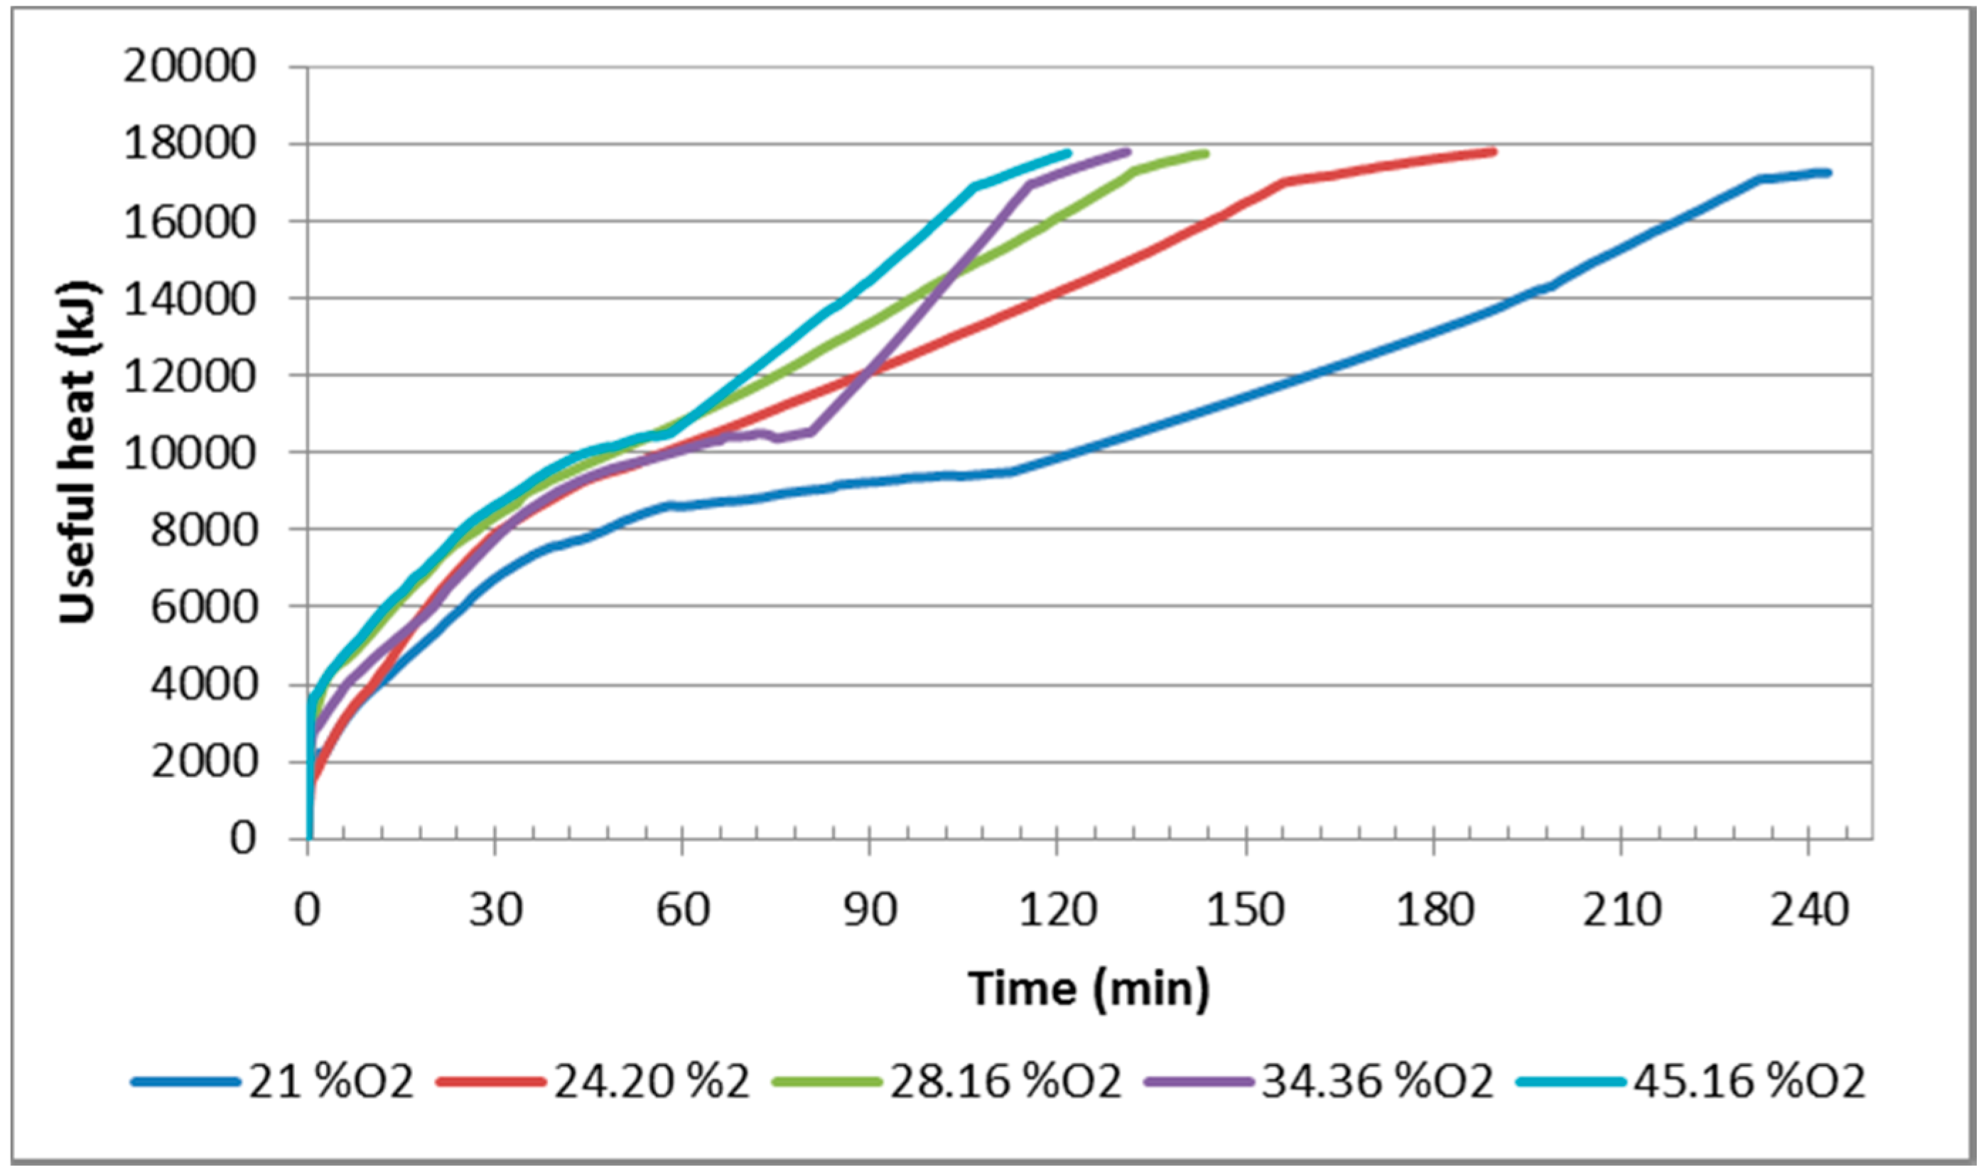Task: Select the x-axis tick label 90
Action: coord(869,911)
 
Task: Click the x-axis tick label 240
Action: coord(1809,911)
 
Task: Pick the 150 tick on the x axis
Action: coord(1246,911)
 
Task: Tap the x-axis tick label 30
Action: coord(495,911)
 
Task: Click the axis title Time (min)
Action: coord(1089,988)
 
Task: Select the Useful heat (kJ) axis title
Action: coord(79,452)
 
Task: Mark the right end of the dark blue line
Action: coord(1828,173)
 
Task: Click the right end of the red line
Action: coord(1493,151)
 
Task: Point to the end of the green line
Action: coord(1206,153)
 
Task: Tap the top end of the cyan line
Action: coord(1069,153)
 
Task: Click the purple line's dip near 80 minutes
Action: coord(778,438)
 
